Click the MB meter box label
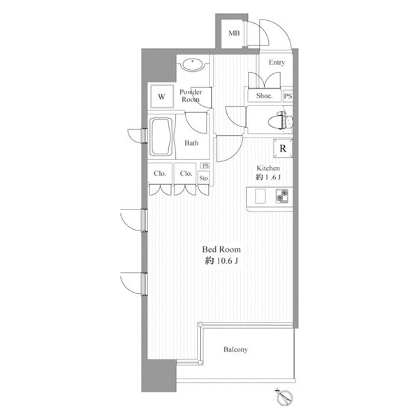(x=234, y=33)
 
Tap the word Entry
(x=277, y=63)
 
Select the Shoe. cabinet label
(x=264, y=96)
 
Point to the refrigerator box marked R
(x=283, y=148)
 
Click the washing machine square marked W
(x=161, y=96)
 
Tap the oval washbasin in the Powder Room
(x=193, y=64)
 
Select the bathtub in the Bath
(x=161, y=137)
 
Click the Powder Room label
(x=191, y=96)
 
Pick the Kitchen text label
(x=268, y=168)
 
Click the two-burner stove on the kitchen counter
(x=282, y=196)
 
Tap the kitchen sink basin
(x=260, y=196)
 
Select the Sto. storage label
(x=204, y=178)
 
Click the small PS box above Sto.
(x=205, y=166)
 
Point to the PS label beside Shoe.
(x=288, y=96)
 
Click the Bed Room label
(x=221, y=249)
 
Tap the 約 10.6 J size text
(x=221, y=260)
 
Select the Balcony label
(x=235, y=350)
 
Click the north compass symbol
(x=285, y=398)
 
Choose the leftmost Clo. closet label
(x=160, y=173)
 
